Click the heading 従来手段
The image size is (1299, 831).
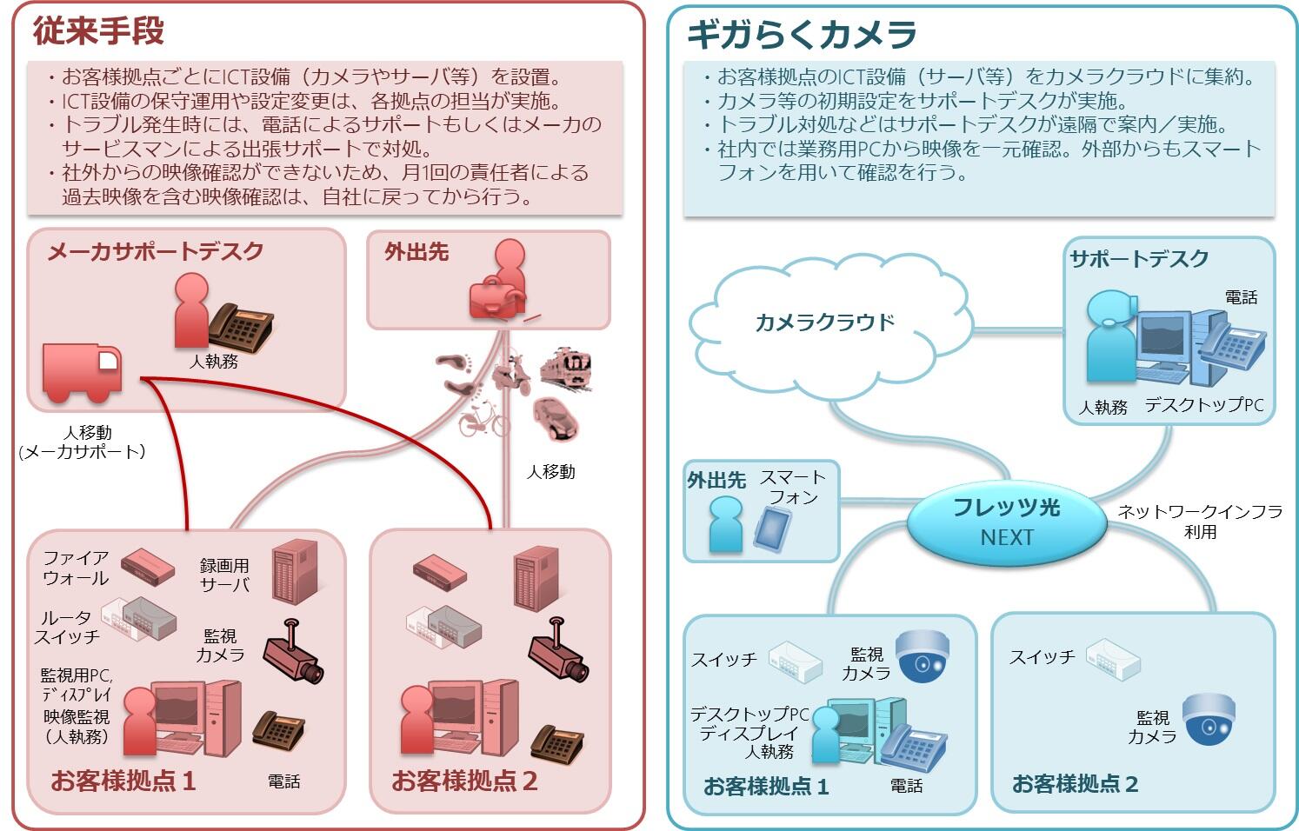98,31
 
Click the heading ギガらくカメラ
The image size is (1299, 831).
801,36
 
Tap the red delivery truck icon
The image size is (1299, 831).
82,373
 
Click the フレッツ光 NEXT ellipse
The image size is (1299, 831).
1006,522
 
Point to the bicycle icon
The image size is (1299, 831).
483,420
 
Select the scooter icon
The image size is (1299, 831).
512,375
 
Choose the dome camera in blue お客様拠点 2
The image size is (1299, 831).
1209,718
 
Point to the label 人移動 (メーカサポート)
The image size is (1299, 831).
83,442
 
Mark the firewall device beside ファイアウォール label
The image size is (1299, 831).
147,566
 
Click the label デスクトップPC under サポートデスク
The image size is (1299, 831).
1203,405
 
